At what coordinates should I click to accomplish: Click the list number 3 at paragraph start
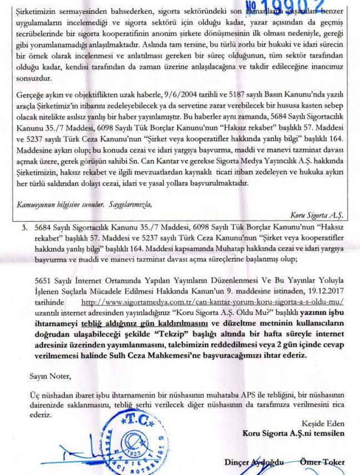pyautogui.click(x=24, y=228)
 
